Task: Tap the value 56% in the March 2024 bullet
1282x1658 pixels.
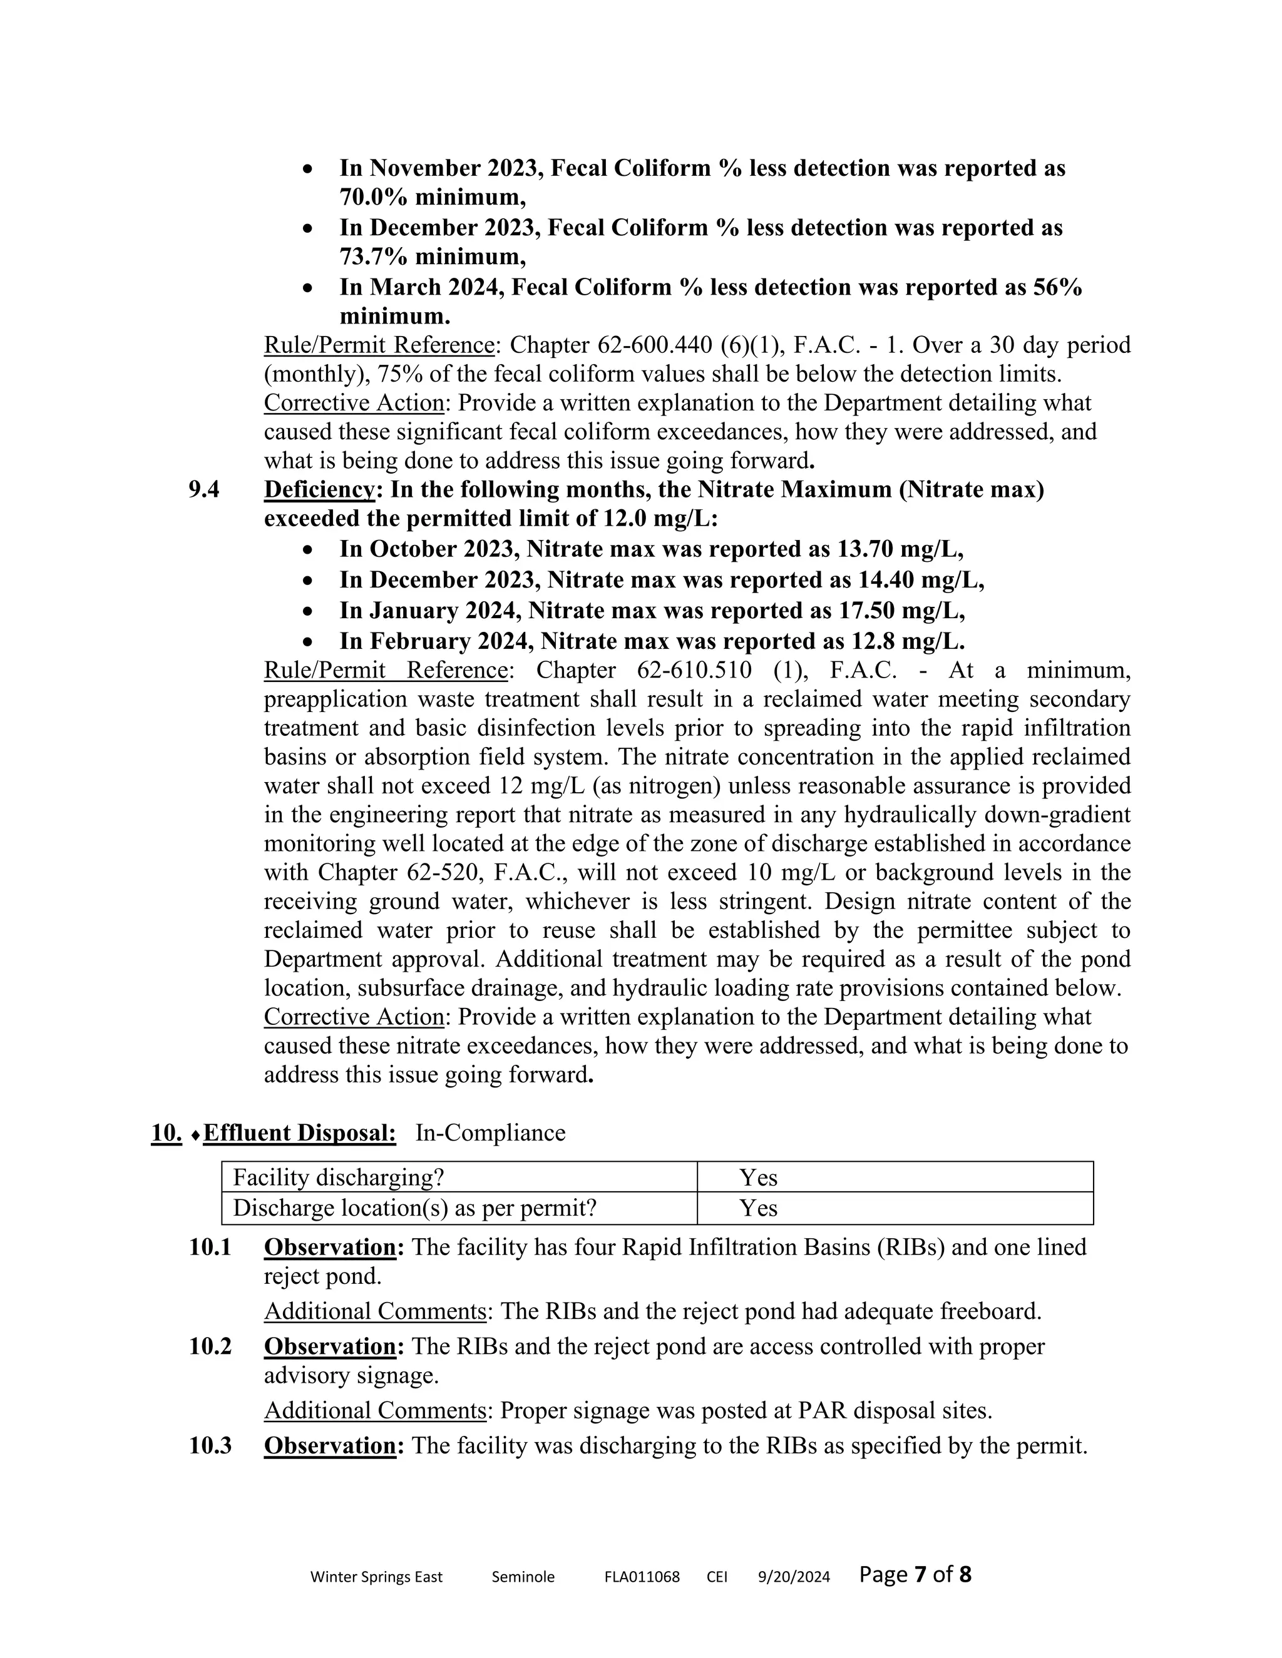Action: pos(1057,288)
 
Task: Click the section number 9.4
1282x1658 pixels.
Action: pos(204,490)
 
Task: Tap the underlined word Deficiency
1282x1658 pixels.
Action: pos(320,490)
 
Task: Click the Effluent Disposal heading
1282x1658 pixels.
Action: pos(300,1132)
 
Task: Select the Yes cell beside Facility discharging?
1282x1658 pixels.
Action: pos(759,1177)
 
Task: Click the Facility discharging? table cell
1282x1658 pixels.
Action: pos(339,1177)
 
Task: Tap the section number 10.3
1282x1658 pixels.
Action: pos(210,1445)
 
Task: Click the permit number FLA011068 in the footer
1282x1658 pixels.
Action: pos(642,1577)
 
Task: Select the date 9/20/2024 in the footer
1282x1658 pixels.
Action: pos(794,1577)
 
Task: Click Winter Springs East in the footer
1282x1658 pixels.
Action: pos(376,1577)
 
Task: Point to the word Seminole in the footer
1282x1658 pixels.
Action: pos(523,1577)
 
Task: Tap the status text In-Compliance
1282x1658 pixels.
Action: pos(491,1132)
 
